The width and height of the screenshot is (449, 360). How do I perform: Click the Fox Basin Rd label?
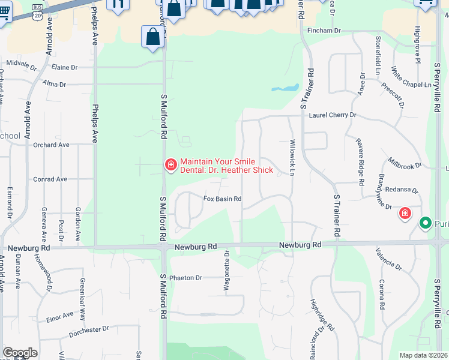(x=222, y=199)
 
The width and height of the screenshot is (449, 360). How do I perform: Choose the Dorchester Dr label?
(x=88, y=329)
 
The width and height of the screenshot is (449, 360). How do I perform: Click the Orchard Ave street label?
(x=52, y=145)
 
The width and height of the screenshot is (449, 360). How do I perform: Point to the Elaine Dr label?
(x=65, y=68)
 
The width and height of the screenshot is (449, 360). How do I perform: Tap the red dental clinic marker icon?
(x=170, y=164)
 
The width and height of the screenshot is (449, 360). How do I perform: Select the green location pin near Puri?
(x=426, y=224)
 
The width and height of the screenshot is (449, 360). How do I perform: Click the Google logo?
(x=20, y=353)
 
